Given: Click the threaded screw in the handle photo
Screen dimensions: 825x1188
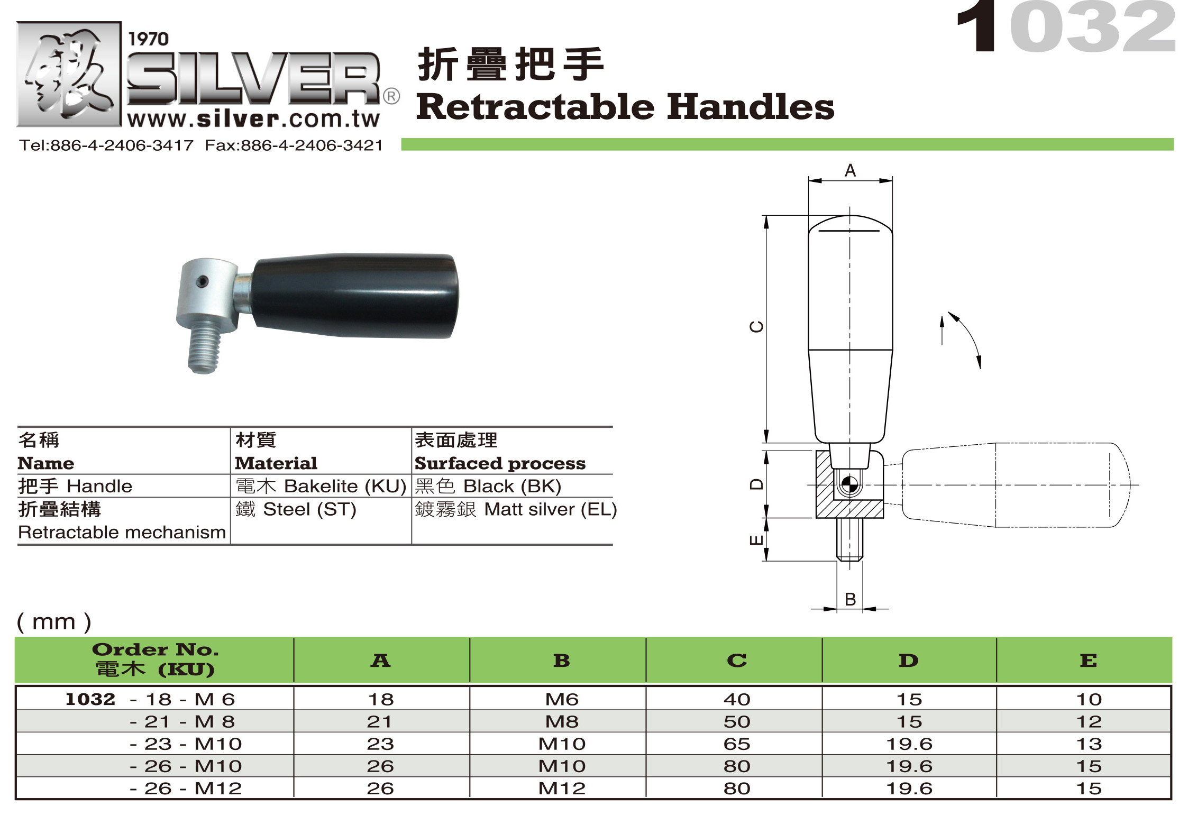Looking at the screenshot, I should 203,346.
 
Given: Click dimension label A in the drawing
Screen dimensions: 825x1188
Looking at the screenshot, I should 850,171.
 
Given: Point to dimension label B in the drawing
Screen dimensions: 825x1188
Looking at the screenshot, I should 850,599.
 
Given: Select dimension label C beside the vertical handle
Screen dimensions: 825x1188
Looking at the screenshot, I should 757,327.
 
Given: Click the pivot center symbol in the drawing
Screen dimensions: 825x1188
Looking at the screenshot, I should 849,484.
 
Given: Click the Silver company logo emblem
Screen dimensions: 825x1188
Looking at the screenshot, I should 69,74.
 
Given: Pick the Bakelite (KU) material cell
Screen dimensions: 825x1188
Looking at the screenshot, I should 321,486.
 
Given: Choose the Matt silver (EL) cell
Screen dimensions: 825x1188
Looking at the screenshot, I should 516,509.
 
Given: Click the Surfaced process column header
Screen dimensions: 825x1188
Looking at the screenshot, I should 500,463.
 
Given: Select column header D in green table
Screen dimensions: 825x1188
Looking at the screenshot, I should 908,661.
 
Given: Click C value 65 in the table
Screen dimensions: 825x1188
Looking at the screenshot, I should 736,744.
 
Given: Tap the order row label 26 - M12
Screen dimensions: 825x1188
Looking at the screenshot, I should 186,789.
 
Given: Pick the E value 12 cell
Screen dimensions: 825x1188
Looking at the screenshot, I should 1088,722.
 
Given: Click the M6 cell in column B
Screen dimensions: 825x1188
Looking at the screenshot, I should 561,700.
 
